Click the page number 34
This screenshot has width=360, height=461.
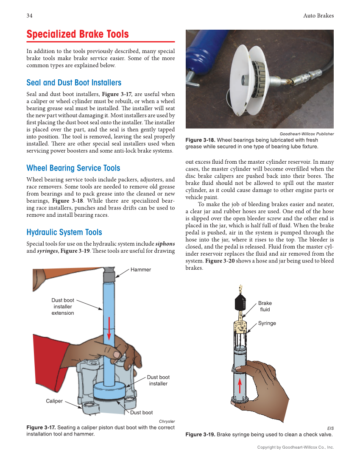click(30, 16)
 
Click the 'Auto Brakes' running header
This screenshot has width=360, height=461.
click(318, 16)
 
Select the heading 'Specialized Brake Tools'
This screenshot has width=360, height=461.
click(78, 34)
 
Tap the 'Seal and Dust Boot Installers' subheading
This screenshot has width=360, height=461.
click(74, 83)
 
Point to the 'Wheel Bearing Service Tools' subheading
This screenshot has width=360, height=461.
click(73, 168)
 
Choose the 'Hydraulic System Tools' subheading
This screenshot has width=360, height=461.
click(64, 232)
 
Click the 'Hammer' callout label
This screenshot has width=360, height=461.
click(140, 270)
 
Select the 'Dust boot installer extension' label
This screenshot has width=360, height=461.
click(63, 307)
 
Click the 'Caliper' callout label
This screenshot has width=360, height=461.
click(54, 401)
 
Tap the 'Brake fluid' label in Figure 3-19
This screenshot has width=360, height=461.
click(265, 306)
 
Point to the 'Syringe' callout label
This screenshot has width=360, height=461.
click(267, 323)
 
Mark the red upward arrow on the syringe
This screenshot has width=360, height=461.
click(240, 385)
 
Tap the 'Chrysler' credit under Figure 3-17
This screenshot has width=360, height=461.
click(167, 421)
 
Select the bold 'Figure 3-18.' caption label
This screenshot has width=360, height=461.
click(201, 140)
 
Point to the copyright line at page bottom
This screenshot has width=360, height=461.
click(296, 447)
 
